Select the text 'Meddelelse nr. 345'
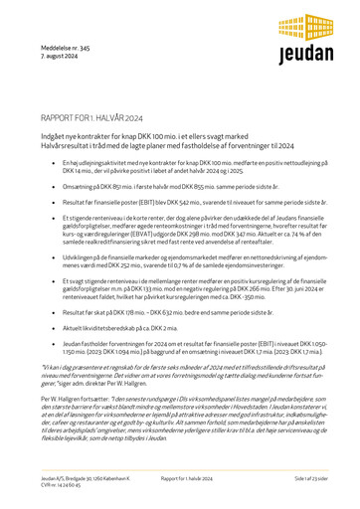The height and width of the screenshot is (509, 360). click(66, 47)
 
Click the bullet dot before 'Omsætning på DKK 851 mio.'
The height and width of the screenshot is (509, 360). click(52, 186)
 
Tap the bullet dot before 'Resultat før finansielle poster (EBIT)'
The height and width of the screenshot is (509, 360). click(52, 201)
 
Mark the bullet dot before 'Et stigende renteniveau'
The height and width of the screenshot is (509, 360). click(52, 216)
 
